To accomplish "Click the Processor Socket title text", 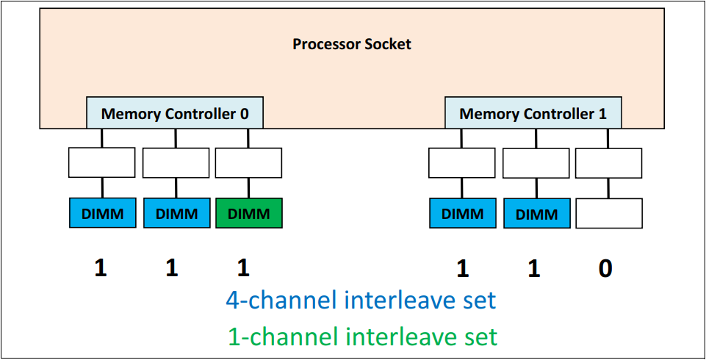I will pos(352,44).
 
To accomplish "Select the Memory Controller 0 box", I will pos(175,114).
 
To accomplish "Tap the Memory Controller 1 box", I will pos(533,114).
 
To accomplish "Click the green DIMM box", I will pos(248,213).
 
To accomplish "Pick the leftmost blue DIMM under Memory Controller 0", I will pos(102,213).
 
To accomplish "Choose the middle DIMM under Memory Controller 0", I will pos(176,213).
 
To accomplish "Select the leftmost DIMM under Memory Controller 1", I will pos(462,213).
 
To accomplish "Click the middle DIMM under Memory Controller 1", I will pos(536,214).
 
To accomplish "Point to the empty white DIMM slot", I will pos(608,213).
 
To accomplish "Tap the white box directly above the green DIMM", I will pos(248,162).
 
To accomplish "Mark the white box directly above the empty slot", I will pos(608,162).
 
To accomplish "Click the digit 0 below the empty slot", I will pos(605,269).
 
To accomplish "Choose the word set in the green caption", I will pos(479,336).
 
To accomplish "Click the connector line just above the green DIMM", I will pos(248,188).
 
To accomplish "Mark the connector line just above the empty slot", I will pos(608,188).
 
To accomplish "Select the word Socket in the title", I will pos(385,44).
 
